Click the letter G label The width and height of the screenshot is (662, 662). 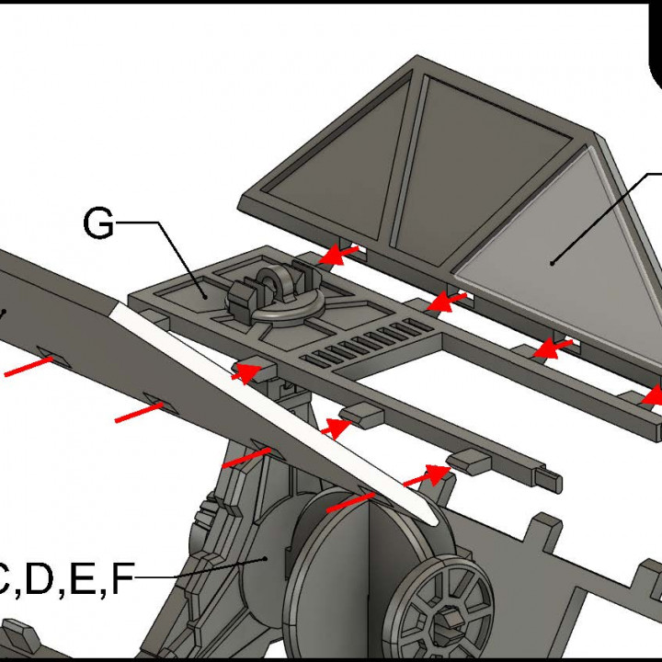[x=98, y=223]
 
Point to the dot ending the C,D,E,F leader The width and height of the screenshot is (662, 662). [x=266, y=557]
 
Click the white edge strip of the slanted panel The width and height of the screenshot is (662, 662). [x=276, y=414]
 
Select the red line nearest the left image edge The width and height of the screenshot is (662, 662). [x=28, y=367]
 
